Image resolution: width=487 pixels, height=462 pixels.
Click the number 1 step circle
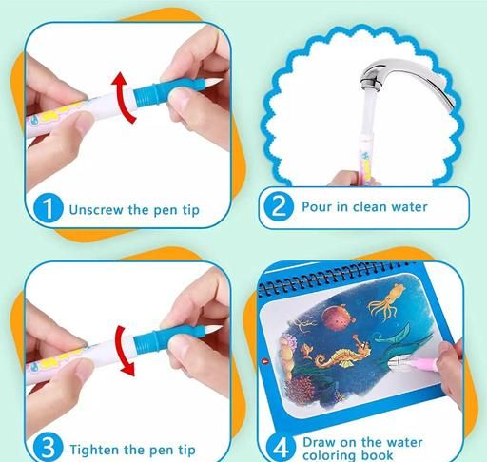pos(49,208)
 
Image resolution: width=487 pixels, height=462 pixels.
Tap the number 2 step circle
pos(279,207)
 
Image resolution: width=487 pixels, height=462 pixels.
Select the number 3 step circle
pos(48,447)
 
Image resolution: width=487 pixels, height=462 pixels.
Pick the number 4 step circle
pos(281,448)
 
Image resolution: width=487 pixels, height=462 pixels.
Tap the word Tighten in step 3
pos(94,450)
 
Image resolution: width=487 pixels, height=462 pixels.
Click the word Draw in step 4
pos(319,442)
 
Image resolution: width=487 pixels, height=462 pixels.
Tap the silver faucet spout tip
pos(370,84)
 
